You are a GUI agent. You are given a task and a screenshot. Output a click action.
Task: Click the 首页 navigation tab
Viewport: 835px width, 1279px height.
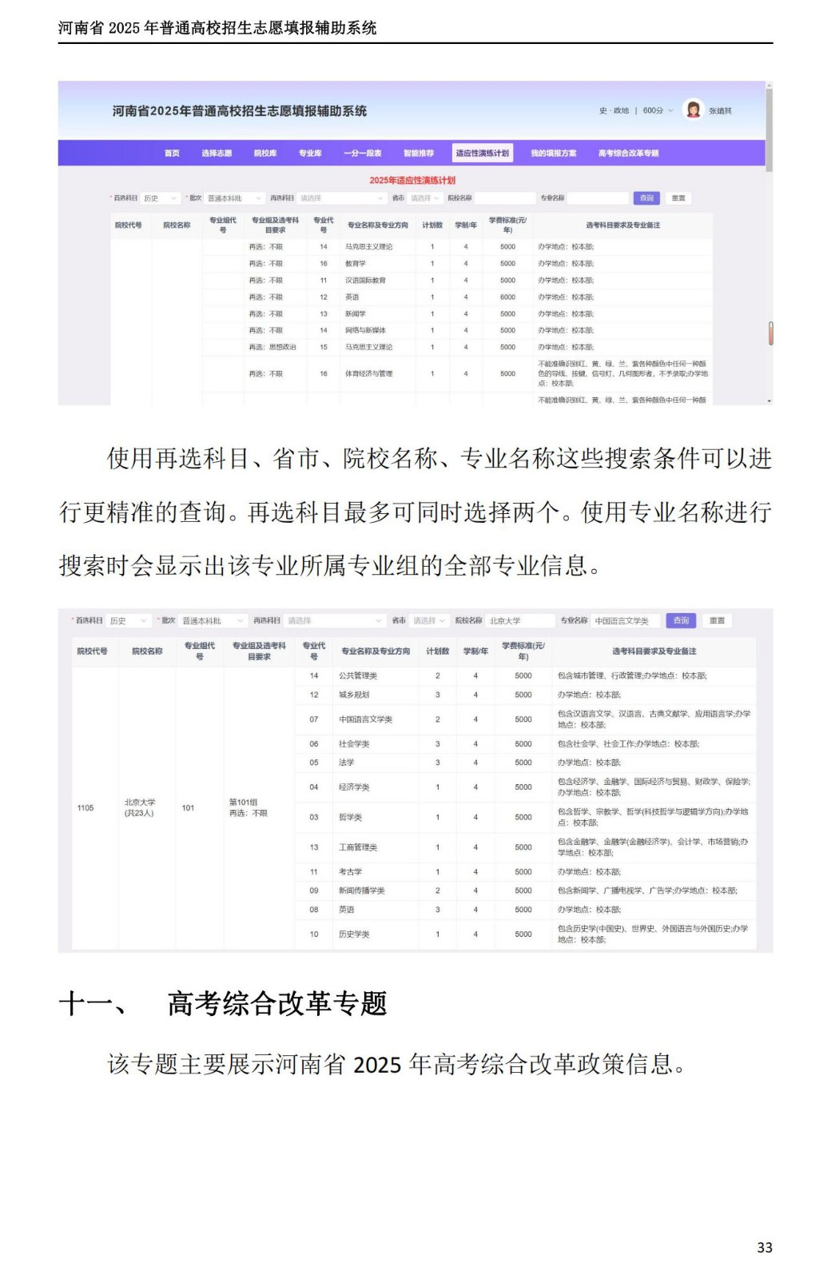coord(172,153)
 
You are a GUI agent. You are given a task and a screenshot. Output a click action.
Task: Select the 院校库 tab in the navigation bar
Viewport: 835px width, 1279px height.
coord(265,153)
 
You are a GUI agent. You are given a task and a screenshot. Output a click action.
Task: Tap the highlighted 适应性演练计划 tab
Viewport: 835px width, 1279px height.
coord(482,153)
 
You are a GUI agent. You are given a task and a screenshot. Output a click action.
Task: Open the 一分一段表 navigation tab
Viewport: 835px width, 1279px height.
coord(362,153)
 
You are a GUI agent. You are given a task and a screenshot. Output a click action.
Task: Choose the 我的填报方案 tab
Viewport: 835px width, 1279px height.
coord(553,153)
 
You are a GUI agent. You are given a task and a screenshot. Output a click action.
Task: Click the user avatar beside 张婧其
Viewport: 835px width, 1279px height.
coord(693,110)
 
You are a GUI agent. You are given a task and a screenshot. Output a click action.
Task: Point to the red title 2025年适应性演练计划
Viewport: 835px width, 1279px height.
coord(412,180)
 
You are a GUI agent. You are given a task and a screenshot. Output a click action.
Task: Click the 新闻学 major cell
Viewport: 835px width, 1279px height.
coord(356,314)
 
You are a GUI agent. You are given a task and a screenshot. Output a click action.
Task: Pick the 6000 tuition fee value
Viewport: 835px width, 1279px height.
coord(507,297)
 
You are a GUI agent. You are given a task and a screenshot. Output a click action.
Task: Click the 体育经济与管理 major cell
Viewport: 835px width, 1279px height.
coord(369,374)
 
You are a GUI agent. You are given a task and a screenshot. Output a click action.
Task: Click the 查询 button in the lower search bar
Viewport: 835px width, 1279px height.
coord(681,620)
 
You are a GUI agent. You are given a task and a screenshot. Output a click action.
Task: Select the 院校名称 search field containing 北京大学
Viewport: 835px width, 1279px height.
coord(519,620)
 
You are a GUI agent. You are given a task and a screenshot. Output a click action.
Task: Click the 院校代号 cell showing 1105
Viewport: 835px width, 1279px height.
coord(85,808)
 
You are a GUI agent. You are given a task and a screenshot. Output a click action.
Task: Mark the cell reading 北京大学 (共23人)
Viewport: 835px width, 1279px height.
coord(140,807)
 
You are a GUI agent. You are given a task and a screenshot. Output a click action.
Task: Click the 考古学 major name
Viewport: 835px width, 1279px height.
coord(350,872)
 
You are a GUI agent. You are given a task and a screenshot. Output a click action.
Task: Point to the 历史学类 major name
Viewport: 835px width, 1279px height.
coord(354,934)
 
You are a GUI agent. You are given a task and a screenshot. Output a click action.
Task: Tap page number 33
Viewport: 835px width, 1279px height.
coord(765,1248)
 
